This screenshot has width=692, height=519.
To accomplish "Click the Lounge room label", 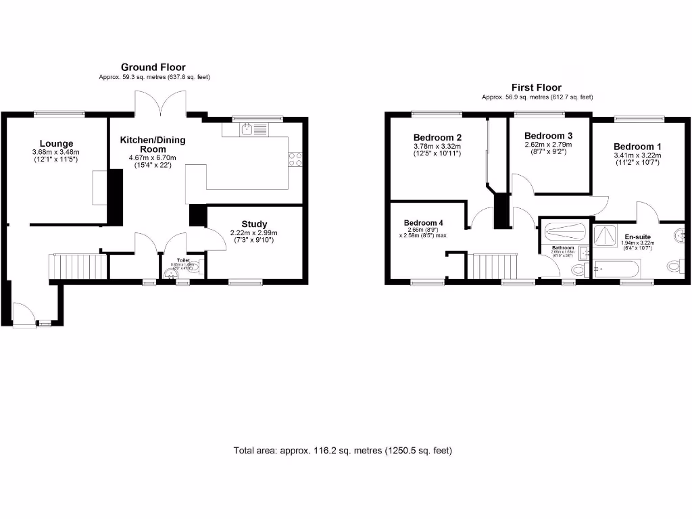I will [56, 143].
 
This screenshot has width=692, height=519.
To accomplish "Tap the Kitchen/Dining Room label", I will [153, 144].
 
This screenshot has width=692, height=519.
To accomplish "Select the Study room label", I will [254, 224].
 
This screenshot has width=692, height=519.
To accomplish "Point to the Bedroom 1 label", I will [637, 147].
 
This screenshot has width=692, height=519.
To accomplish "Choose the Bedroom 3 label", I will [548, 135].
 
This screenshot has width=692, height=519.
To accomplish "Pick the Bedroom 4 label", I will [424, 223].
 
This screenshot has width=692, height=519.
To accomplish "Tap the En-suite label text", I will [637, 237].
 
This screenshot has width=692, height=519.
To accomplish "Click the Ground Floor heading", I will [153, 67].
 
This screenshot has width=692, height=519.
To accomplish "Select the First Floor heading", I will [537, 87].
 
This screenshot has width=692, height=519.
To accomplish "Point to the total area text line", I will [343, 450].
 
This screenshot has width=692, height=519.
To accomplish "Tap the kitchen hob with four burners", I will [295, 159].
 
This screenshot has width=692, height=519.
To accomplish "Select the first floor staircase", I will [493, 266].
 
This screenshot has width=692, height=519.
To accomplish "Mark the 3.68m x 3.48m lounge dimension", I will [56, 152].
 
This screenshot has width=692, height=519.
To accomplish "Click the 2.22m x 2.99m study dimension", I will [254, 233].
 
